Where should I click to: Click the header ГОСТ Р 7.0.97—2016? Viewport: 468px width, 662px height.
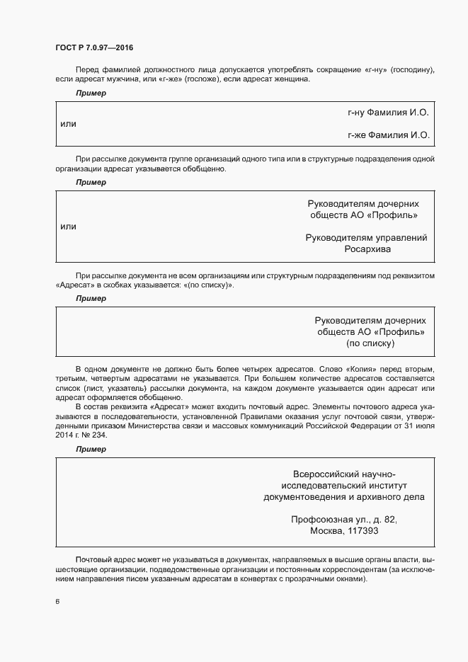click(x=94, y=47)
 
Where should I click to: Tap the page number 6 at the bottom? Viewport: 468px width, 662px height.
click(x=57, y=602)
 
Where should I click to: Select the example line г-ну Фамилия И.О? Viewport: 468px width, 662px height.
click(x=388, y=113)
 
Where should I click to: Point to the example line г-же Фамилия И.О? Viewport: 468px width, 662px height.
click(x=388, y=135)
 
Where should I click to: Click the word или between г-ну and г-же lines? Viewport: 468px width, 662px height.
click(x=68, y=124)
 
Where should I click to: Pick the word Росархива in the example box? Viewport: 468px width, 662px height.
click(x=367, y=249)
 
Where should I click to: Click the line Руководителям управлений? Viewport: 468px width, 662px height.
click(x=366, y=238)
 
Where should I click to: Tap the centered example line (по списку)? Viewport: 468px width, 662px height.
click(x=370, y=343)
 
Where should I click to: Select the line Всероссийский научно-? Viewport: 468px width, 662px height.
click(x=344, y=474)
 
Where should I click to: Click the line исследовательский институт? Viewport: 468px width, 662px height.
click(x=344, y=486)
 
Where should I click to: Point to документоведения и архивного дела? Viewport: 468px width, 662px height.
click(x=344, y=497)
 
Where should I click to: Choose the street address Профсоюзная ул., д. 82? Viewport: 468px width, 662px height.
click(x=344, y=520)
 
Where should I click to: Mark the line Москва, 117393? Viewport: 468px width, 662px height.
click(x=344, y=531)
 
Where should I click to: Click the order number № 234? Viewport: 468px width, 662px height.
click(x=97, y=434)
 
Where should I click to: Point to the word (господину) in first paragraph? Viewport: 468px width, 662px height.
click(x=410, y=69)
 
